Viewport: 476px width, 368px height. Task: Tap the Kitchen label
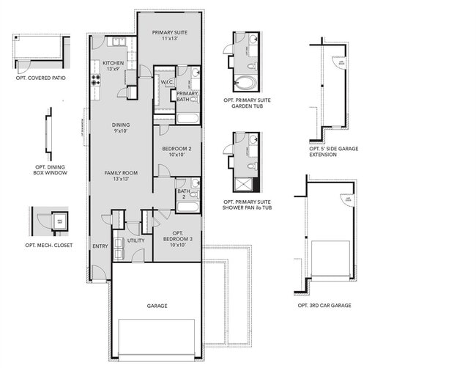(x=114, y=66)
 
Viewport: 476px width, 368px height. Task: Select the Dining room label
(x=122, y=128)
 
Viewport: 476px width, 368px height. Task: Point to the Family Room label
(x=122, y=175)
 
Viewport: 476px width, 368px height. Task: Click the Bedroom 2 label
(x=176, y=152)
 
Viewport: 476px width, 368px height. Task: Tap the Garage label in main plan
(x=157, y=306)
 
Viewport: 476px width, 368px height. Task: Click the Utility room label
(x=135, y=240)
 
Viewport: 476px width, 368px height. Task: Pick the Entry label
(x=100, y=246)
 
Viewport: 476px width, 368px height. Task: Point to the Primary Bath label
(x=187, y=96)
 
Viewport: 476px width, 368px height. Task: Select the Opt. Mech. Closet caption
(x=49, y=245)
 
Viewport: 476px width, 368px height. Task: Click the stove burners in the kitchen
(x=95, y=81)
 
